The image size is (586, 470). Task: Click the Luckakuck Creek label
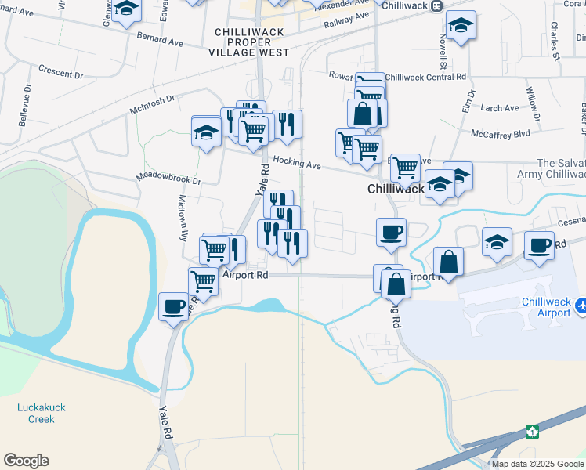pyautogui.click(x=36, y=413)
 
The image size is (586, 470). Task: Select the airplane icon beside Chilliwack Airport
pyautogui.click(x=581, y=306)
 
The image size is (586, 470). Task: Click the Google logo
pyautogui.click(x=26, y=461)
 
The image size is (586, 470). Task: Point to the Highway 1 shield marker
pyautogui.click(x=532, y=432)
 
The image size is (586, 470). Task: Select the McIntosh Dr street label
pyautogui.click(x=153, y=99)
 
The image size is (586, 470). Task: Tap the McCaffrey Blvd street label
pyautogui.click(x=501, y=134)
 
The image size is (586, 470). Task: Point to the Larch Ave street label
pyautogui.click(x=500, y=108)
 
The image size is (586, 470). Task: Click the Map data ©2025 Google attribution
pyautogui.click(x=537, y=464)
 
